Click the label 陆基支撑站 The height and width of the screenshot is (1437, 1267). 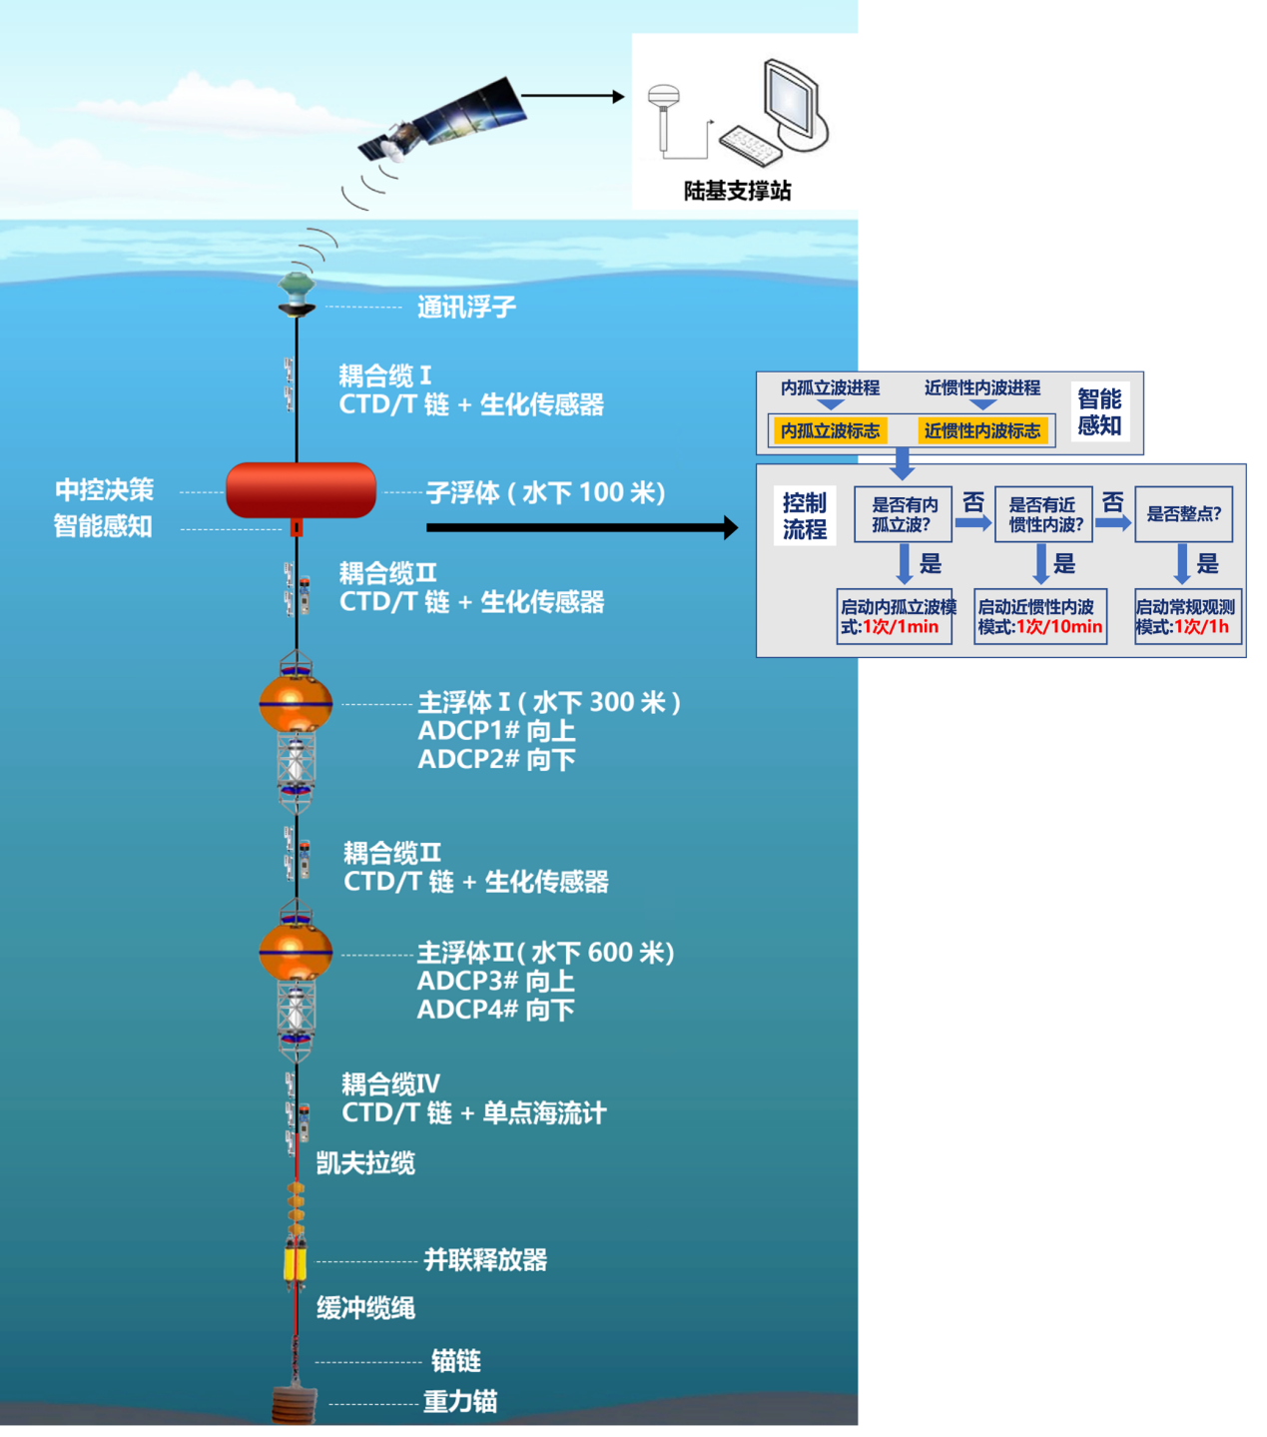737,191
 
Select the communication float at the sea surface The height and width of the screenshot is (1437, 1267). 297,293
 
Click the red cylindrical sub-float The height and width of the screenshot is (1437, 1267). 301,489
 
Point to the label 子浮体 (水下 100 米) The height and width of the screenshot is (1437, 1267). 545,492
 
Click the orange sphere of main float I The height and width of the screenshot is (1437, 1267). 296,703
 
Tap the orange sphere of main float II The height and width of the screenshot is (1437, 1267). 296,952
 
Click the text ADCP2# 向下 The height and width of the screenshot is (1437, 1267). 496,760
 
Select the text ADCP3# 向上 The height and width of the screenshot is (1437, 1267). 495,981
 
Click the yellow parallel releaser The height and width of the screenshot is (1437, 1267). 295,1261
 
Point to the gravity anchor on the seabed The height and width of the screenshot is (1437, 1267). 295,1403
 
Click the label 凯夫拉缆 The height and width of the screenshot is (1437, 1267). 365,1163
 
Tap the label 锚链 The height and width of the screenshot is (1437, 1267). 455,1361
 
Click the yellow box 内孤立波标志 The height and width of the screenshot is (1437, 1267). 830,430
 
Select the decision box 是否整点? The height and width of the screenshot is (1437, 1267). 1183,514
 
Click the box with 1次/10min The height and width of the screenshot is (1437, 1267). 1040,617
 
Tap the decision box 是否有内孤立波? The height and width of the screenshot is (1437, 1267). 903,514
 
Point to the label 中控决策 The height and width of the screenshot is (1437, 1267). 104,490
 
